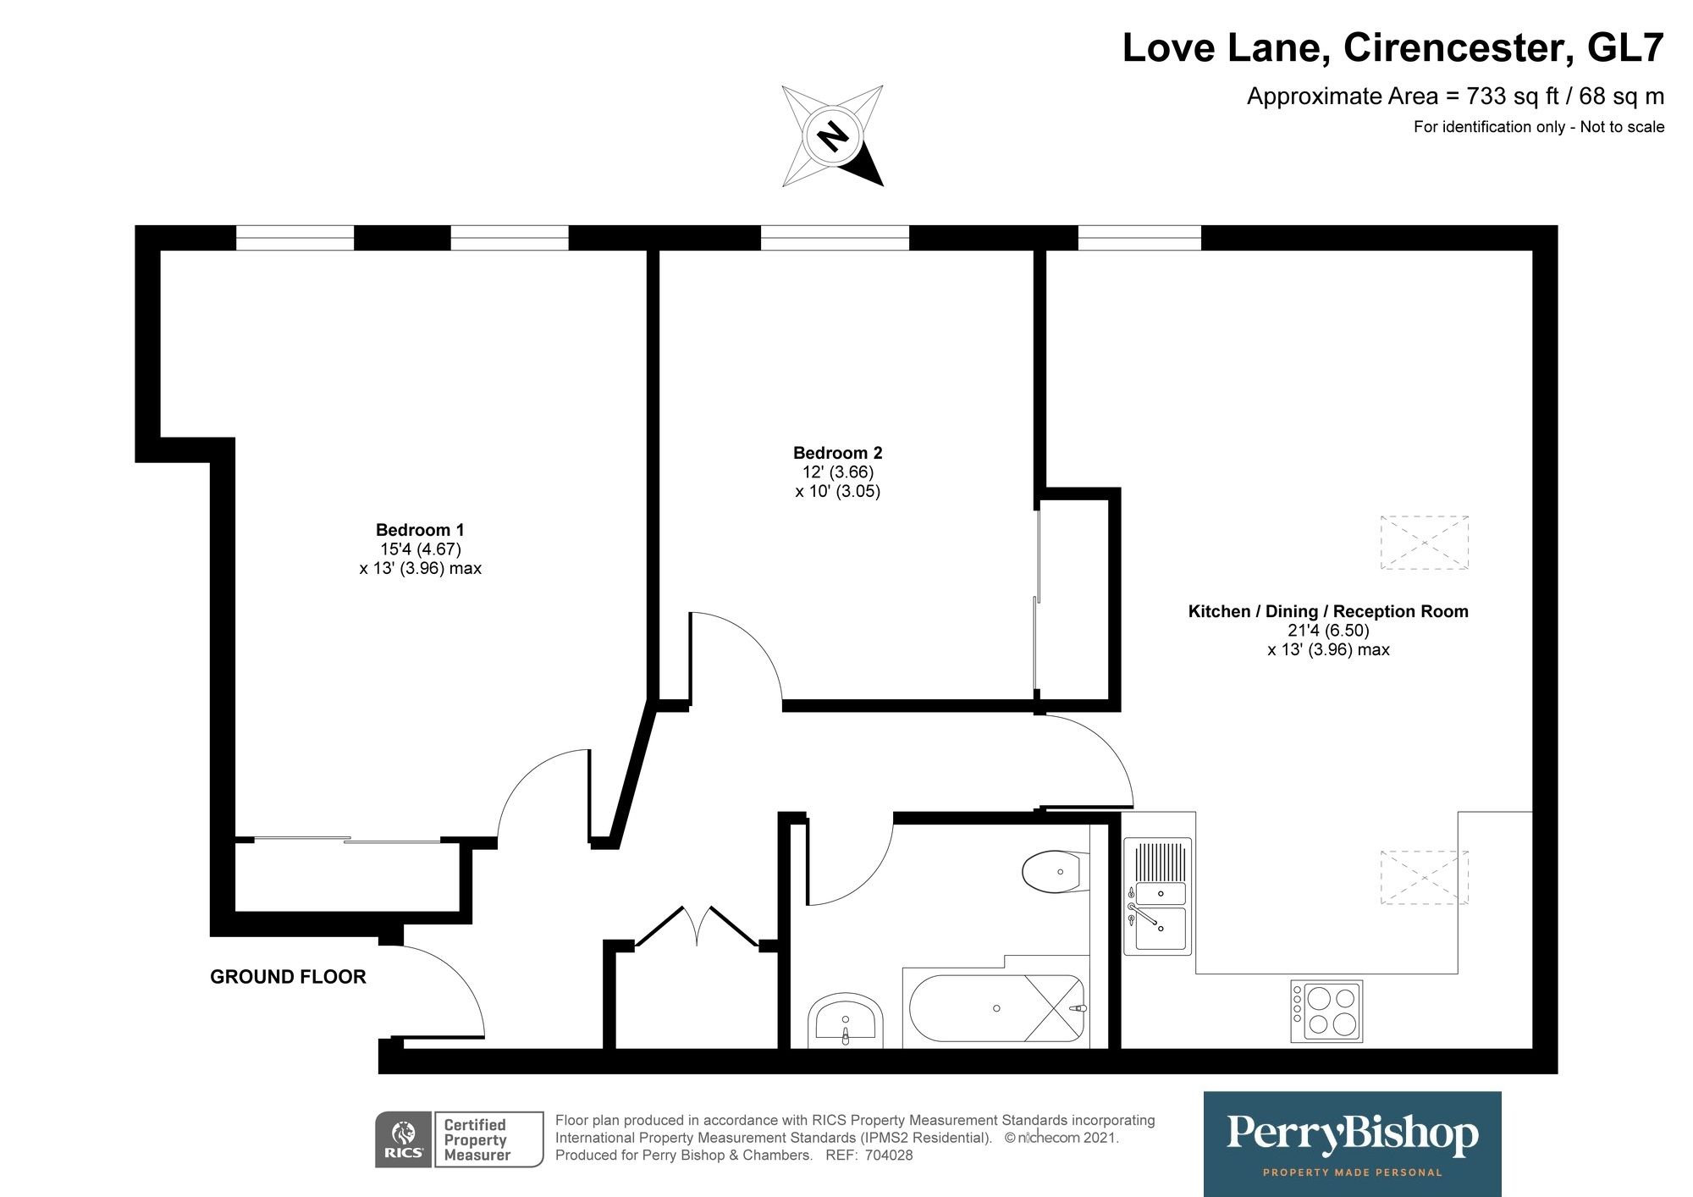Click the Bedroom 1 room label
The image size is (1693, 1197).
pyautogui.click(x=420, y=530)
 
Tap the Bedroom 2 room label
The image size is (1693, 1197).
pyautogui.click(x=838, y=453)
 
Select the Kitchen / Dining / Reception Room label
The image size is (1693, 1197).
pyautogui.click(x=1328, y=611)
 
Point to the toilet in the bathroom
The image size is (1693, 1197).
pyautogui.click(x=1056, y=871)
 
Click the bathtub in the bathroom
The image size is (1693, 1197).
pyautogui.click(x=995, y=1008)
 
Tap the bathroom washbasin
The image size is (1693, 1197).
pyautogui.click(x=845, y=1020)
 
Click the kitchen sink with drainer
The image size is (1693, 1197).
pyautogui.click(x=1157, y=896)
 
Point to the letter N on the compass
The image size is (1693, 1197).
pyautogui.click(x=833, y=135)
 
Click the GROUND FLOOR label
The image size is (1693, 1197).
pyautogui.click(x=288, y=977)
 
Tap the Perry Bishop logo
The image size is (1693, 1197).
pyautogui.click(x=1352, y=1144)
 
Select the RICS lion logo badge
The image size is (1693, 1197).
pyautogui.click(x=404, y=1139)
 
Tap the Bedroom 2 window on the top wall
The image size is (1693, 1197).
pyautogui.click(x=835, y=238)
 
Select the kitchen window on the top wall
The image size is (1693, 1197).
pyautogui.click(x=1139, y=238)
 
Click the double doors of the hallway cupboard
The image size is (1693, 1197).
pyautogui.click(x=697, y=926)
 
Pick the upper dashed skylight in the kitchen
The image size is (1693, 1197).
pyautogui.click(x=1425, y=543)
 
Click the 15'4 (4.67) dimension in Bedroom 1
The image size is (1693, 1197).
pyautogui.click(x=420, y=549)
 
